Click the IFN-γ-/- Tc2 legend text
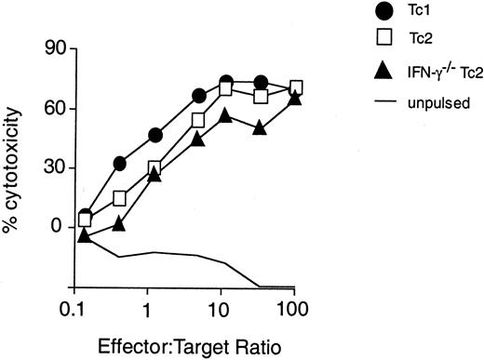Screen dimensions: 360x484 [416, 71]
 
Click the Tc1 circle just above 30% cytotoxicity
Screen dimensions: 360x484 [120, 164]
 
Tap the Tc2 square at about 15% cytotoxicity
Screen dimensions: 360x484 [120, 198]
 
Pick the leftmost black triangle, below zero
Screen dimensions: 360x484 [86, 235]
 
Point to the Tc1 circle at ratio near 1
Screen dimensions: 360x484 [155, 135]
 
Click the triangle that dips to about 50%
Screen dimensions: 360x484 [261, 128]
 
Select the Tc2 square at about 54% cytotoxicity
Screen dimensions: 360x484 [198, 120]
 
